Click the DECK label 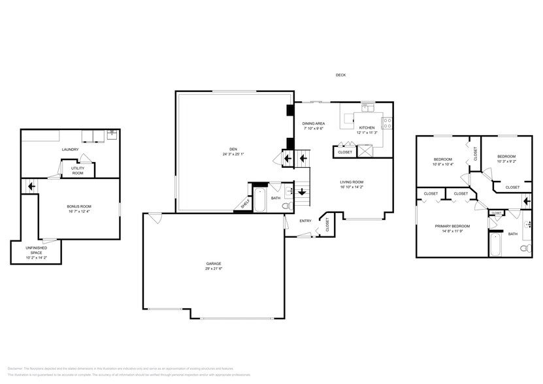(x=340, y=75)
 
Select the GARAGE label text (x=213, y=264)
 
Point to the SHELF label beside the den (x=245, y=204)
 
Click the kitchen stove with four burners (x=387, y=121)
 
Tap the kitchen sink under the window (x=368, y=107)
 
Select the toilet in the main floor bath (x=286, y=206)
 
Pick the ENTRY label (x=305, y=221)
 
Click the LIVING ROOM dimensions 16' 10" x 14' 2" (x=352, y=187)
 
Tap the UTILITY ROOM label (x=77, y=170)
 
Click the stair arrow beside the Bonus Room (x=29, y=187)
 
